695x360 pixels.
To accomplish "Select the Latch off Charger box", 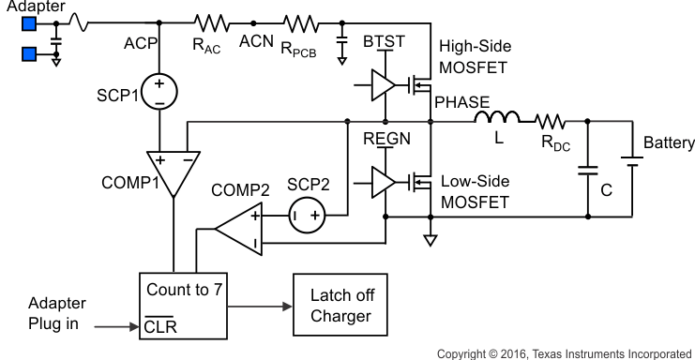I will pos(340,306).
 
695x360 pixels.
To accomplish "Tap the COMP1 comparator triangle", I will pos(174,169).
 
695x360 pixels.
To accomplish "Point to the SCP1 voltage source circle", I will pos(162,90).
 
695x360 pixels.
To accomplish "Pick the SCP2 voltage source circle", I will pos(306,216).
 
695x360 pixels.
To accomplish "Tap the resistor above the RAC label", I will pos(210,21).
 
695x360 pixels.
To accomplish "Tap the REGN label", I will pos(384,138).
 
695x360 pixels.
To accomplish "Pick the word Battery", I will pos(668,142).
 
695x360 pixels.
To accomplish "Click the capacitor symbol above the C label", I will pos(587,172).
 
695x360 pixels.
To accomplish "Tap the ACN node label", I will pos(255,41).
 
